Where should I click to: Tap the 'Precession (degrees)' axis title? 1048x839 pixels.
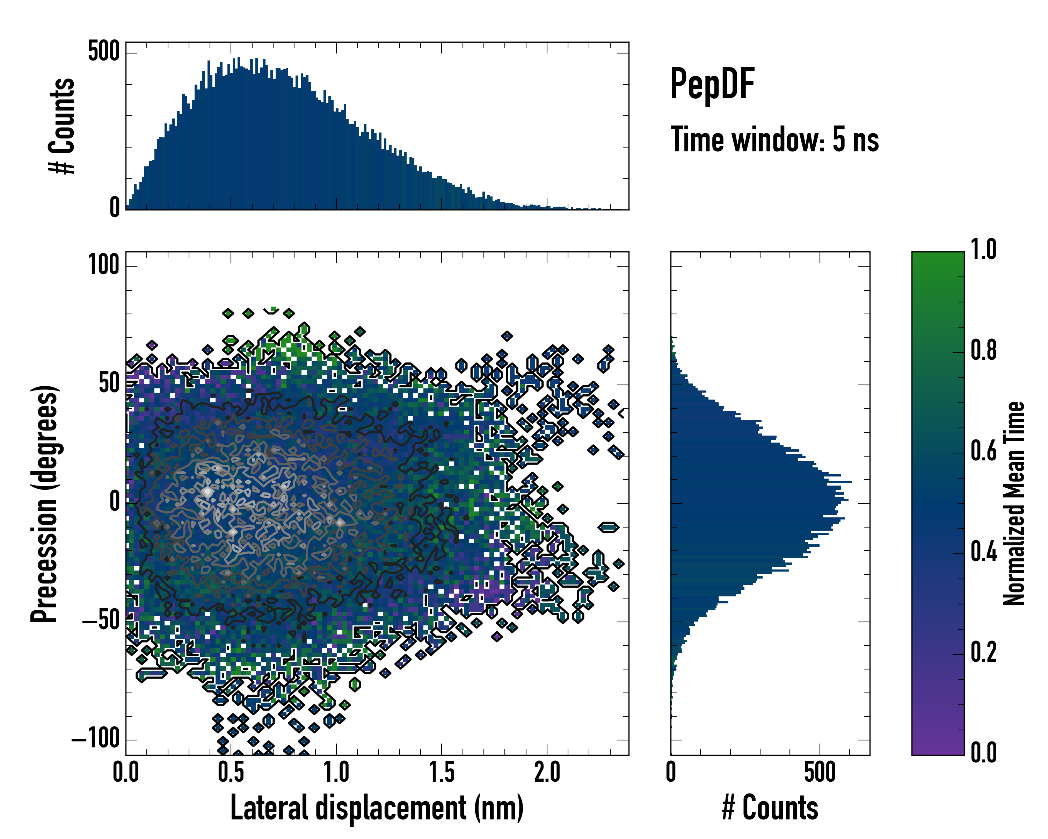tap(45, 503)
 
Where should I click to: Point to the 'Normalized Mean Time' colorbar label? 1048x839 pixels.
tap(1014, 503)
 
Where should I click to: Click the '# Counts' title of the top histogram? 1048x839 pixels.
tap(62, 126)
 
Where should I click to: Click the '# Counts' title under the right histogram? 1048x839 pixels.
tap(770, 808)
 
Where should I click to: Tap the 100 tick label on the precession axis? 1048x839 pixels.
tap(103, 266)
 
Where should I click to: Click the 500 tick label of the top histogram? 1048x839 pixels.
tap(103, 51)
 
